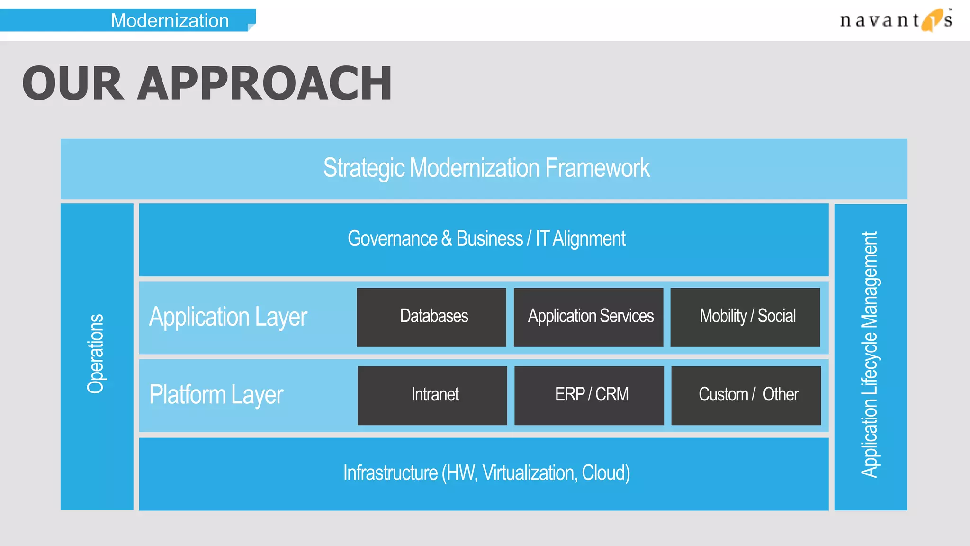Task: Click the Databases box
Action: click(431, 317)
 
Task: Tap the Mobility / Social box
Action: click(745, 317)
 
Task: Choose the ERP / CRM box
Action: click(589, 395)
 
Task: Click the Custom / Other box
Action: click(746, 395)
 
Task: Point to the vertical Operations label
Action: click(96, 354)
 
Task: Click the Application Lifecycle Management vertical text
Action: click(870, 355)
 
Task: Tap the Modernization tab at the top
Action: click(170, 20)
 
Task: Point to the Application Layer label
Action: click(228, 317)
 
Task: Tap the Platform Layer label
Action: click(216, 395)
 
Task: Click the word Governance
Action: click(392, 238)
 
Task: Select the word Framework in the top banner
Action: click(597, 168)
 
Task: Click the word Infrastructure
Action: click(390, 473)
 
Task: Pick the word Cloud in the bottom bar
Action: click(604, 473)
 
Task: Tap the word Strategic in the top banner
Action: click(364, 168)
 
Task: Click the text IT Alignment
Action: click(580, 238)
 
